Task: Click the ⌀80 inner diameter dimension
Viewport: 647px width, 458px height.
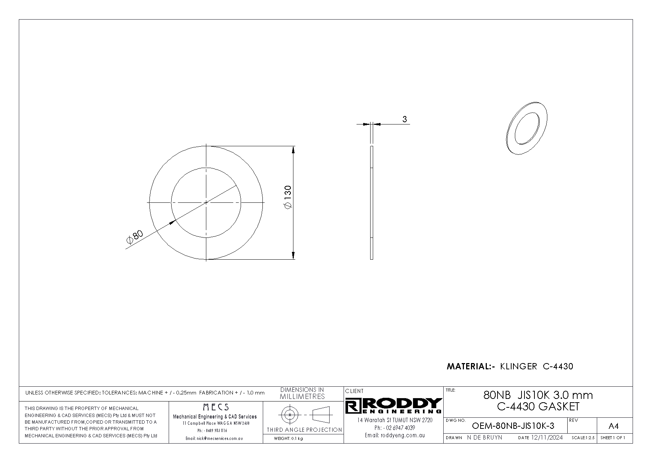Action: [134, 237]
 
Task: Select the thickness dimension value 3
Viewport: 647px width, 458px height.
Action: [405, 119]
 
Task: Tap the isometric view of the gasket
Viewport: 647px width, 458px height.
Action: [527, 127]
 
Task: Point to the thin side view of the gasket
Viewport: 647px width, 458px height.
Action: [371, 202]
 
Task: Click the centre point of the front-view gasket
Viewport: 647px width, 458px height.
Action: [206, 202]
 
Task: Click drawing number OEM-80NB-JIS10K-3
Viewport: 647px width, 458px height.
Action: [513, 426]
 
